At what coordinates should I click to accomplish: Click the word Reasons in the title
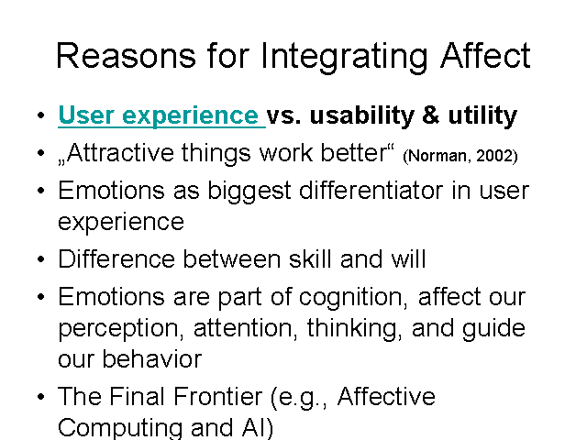[x=127, y=55]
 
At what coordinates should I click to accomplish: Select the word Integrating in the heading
[x=344, y=57]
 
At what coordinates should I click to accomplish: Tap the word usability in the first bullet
[x=361, y=115]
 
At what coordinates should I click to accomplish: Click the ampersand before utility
[x=431, y=115]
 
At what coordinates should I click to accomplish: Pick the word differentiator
[x=371, y=190]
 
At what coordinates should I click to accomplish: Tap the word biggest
[x=249, y=192]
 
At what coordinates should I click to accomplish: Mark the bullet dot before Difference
[x=41, y=258]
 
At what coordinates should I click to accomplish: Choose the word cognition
[x=353, y=298]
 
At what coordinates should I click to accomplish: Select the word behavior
[x=152, y=359]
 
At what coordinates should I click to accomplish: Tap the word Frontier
[x=217, y=396]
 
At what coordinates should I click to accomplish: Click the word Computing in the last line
[x=120, y=428]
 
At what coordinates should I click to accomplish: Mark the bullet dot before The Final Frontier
[x=41, y=397]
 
